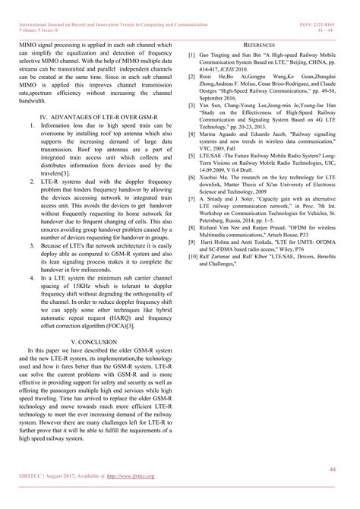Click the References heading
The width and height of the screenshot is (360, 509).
pos(264,46)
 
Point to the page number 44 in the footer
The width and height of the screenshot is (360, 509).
pos(332,470)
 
